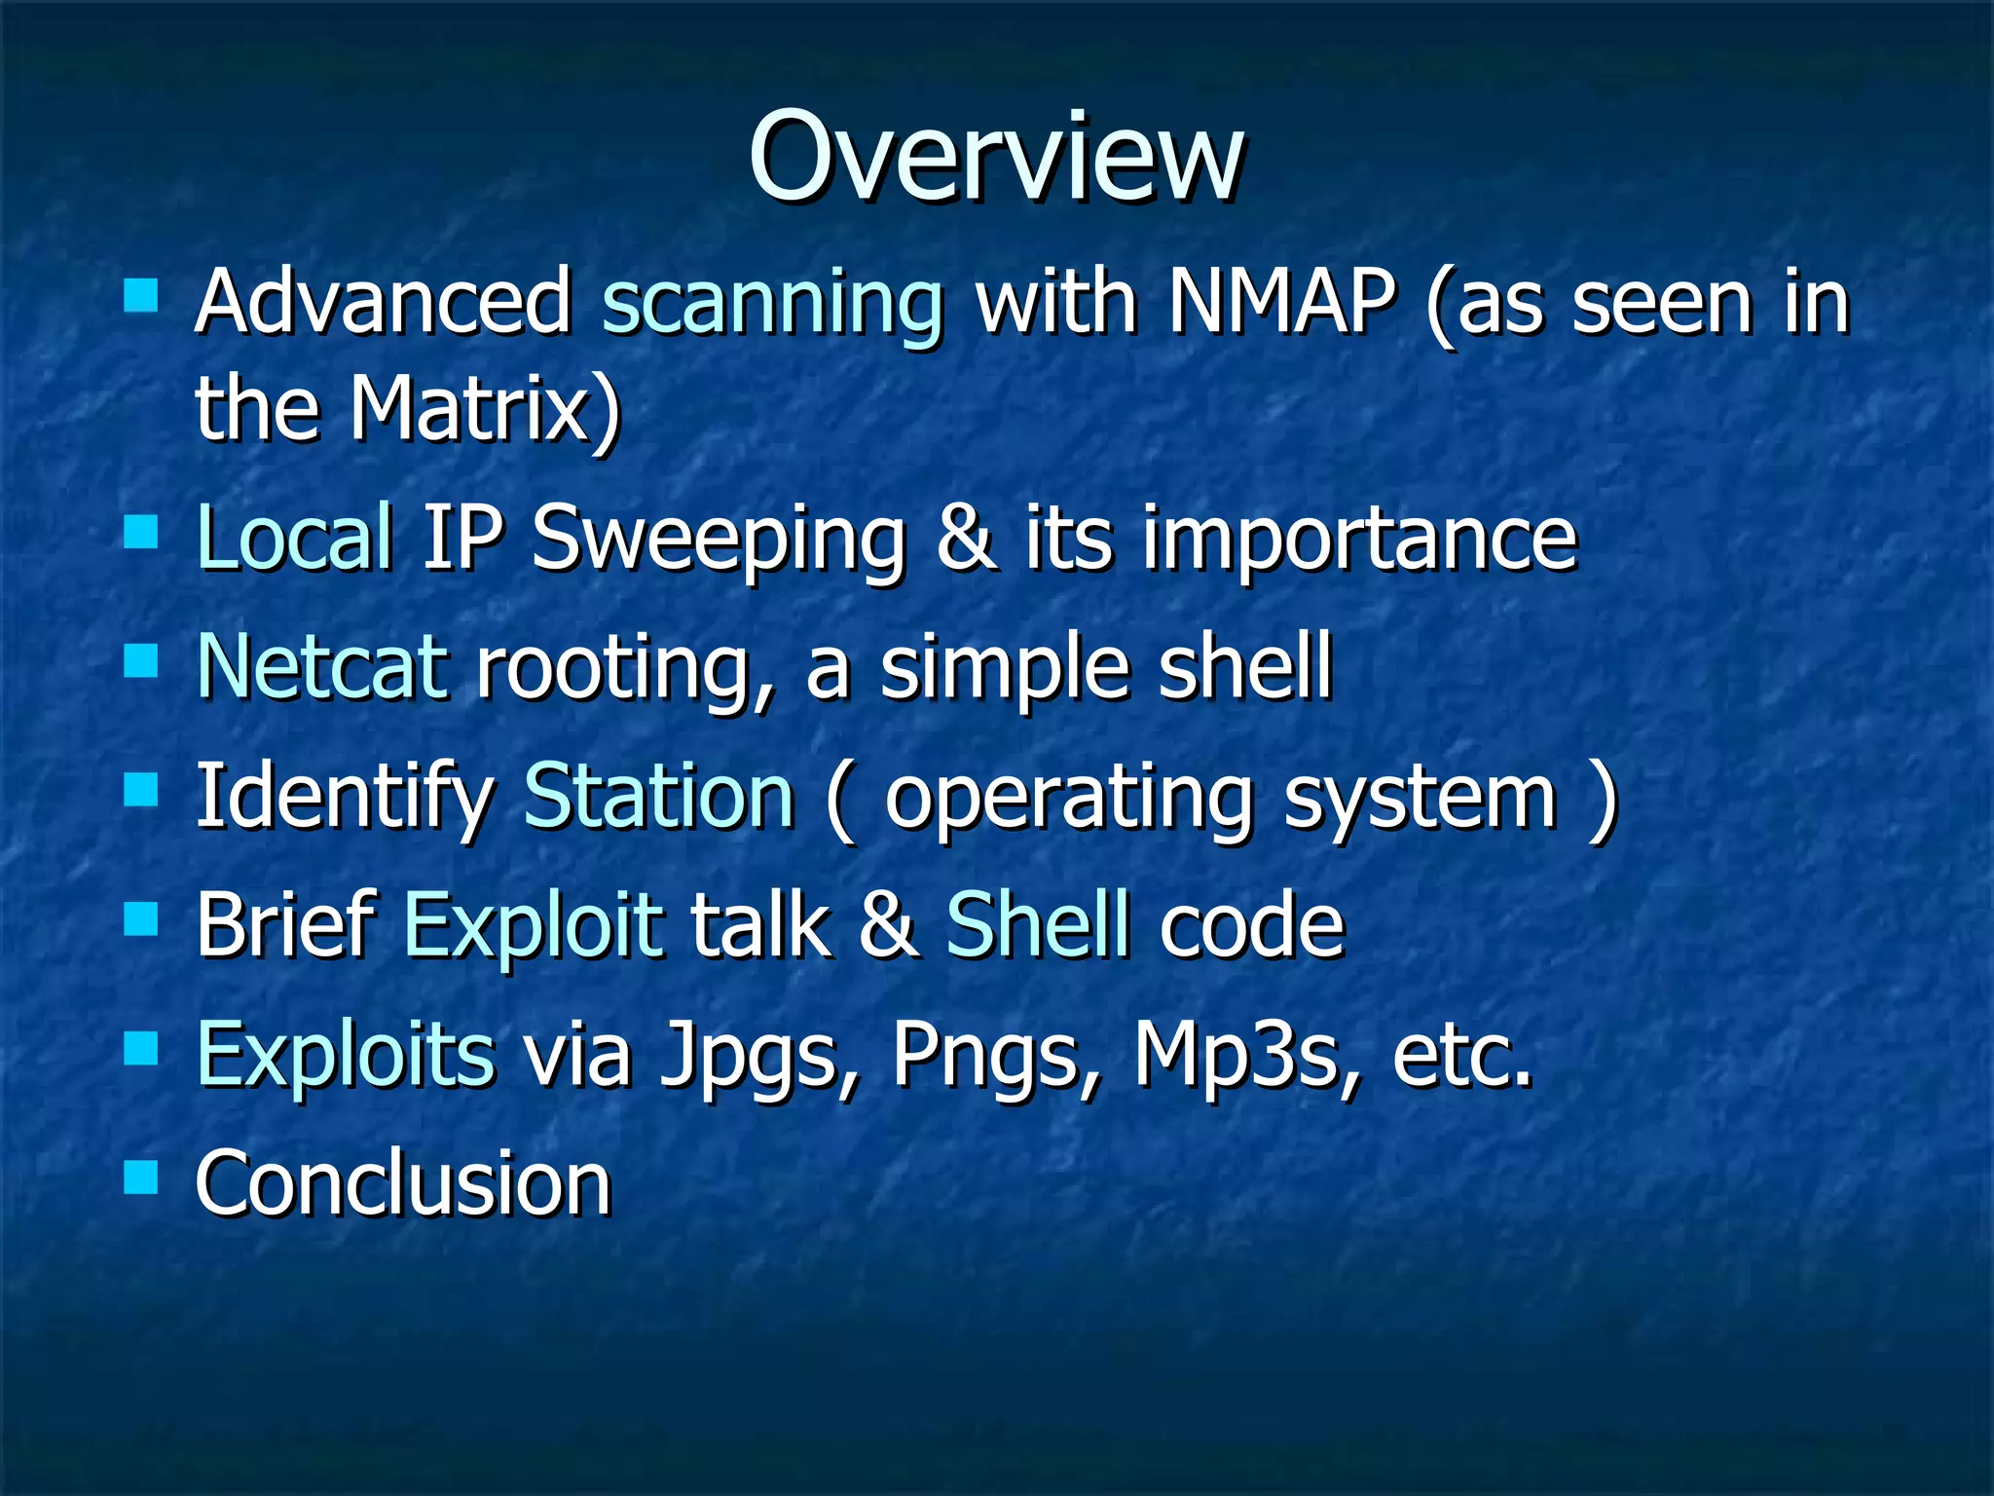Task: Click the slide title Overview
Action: click(995, 158)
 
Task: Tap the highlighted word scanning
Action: click(772, 304)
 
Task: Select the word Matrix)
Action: click(485, 409)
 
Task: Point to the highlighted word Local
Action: click(294, 538)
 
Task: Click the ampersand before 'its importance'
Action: click(966, 538)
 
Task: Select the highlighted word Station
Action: click(659, 797)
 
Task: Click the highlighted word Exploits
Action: click(346, 1056)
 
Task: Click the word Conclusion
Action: click(403, 1182)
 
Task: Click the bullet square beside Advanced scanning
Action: click(142, 295)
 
